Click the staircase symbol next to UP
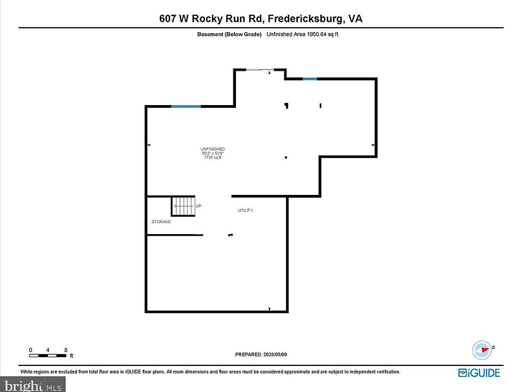[x=183, y=206]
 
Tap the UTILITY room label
[x=245, y=210]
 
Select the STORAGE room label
[x=161, y=222]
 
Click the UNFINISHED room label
[x=213, y=149]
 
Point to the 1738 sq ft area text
[x=213, y=157]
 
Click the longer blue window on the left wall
[x=186, y=106]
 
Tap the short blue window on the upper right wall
[x=309, y=79]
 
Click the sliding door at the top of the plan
[x=260, y=70]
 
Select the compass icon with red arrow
[x=482, y=350]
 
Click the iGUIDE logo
[x=479, y=372]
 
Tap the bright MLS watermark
[x=33, y=385]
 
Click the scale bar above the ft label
[x=48, y=356]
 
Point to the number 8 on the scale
[x=66, y=350]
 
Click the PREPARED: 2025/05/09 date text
[x=261, y=354]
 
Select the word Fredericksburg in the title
[x=305, y=19]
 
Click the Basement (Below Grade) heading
[x=229, y=34]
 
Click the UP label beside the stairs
[x=198, y=206]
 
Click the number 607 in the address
[x=167, y=19]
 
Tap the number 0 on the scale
[x=30, y=350]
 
